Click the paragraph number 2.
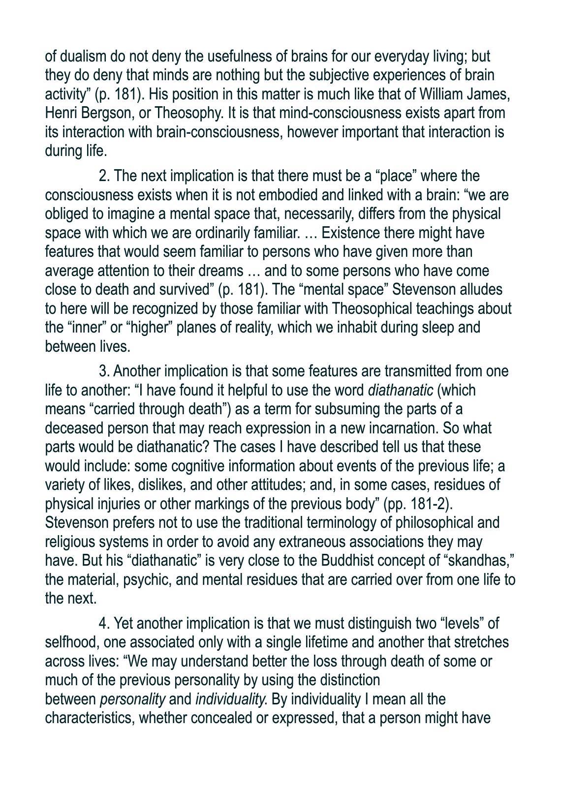104,176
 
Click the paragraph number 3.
104,371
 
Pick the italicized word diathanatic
401,391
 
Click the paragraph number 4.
104,624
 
